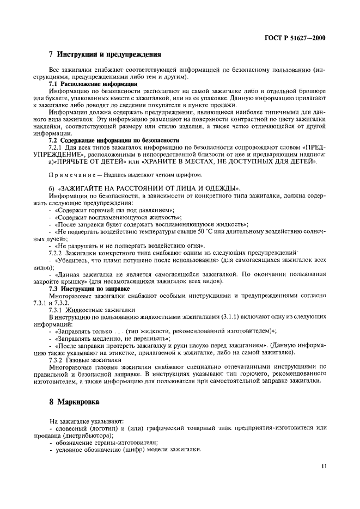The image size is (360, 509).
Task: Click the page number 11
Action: [x=324, y=467]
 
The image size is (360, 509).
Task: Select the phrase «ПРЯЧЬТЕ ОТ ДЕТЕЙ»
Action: [x=95, y=162]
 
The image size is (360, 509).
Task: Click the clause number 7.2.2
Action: [x=57, y=253]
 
